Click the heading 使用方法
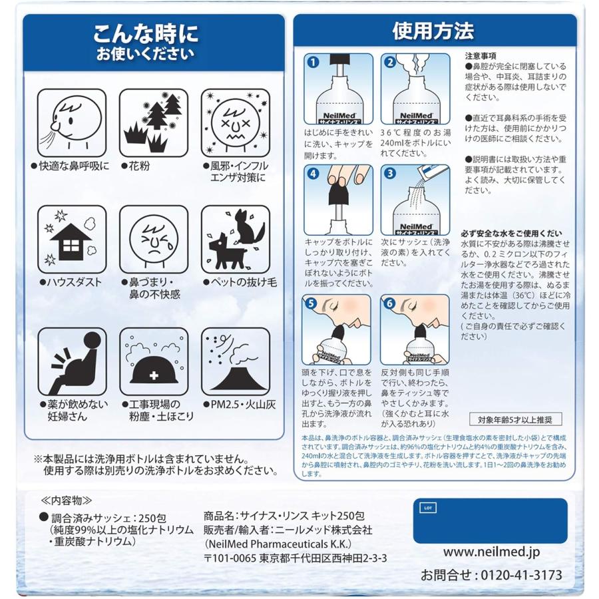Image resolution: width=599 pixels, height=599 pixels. click(433, 31)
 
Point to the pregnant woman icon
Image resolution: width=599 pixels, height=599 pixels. click(71, 361)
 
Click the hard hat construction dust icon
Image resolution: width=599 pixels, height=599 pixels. click(152, 361)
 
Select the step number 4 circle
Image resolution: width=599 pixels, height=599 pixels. click(313, 174)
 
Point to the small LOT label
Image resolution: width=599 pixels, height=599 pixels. click(427, 508)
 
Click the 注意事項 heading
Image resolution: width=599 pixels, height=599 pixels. click(480, 56)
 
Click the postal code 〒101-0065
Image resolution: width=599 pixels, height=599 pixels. click(231, 557)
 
